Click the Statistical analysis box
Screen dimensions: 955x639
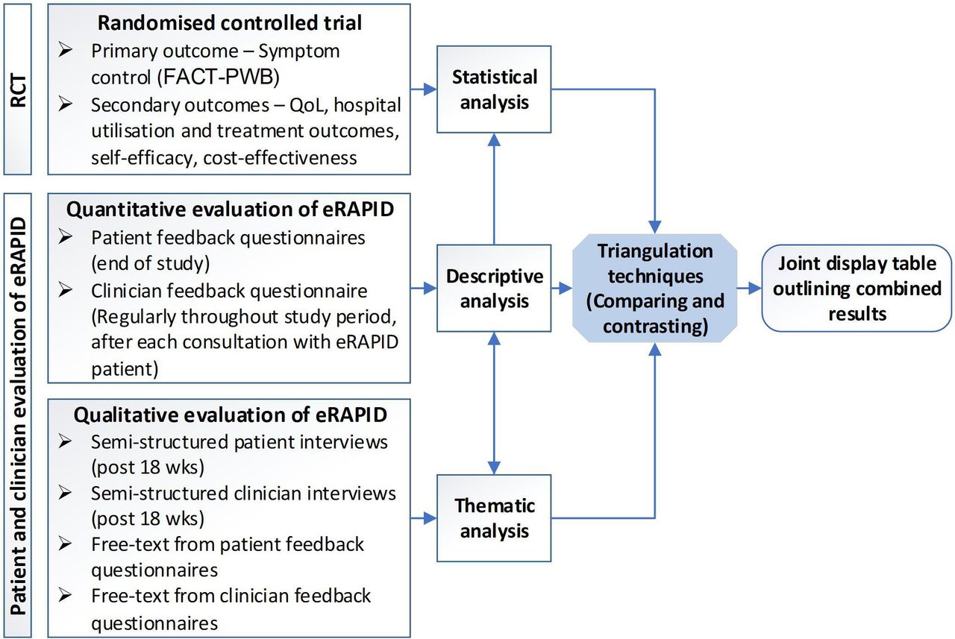coord(494,89)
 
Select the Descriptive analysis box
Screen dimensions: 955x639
coord(494,288)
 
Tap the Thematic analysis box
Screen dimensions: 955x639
coord(494,518)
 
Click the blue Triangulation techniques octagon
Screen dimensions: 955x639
coord(655,288)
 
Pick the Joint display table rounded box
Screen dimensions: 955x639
coord(857,288)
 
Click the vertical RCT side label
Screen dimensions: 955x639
coord(18,90)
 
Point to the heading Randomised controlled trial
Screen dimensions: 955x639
coord(230,22)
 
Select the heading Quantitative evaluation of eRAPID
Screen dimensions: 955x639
coord(230,210)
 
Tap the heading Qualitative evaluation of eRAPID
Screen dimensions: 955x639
coord(231,415)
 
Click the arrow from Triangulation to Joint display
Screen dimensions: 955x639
coord(750,288)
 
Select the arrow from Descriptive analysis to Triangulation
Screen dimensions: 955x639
coord(562,288)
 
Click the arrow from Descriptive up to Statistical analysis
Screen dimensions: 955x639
coord(494,189)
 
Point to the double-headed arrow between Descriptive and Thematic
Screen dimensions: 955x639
coord(494,403)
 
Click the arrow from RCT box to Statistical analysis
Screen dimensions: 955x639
coord(424,89)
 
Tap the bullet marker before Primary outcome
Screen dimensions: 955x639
coord(65,51)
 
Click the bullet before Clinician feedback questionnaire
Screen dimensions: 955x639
coord(65,290)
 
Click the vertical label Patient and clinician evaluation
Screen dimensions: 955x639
coord(19,416)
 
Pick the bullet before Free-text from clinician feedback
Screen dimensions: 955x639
coord(65,595)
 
